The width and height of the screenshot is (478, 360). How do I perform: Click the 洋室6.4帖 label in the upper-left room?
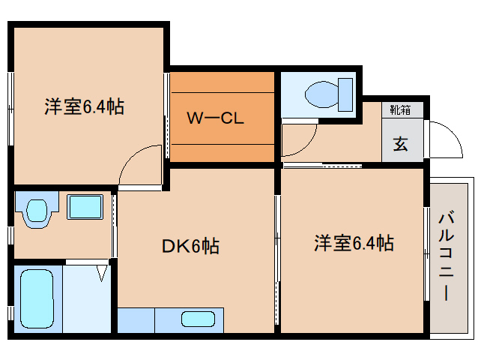click(x=83, y=106)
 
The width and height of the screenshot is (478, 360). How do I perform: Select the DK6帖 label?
click(x=191, y=246)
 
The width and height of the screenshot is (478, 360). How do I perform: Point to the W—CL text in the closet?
click(x=215, y=118)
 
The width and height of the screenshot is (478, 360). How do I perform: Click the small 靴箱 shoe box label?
click(x=400, y=109)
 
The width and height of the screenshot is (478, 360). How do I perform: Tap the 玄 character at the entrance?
click(x=402, y=144)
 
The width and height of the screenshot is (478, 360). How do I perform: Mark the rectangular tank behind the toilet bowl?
click(x=346, y=93)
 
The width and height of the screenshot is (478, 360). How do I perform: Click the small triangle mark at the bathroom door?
click(x=101, y=275)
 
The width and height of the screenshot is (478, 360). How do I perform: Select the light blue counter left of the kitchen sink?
click(x=136, y=320)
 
